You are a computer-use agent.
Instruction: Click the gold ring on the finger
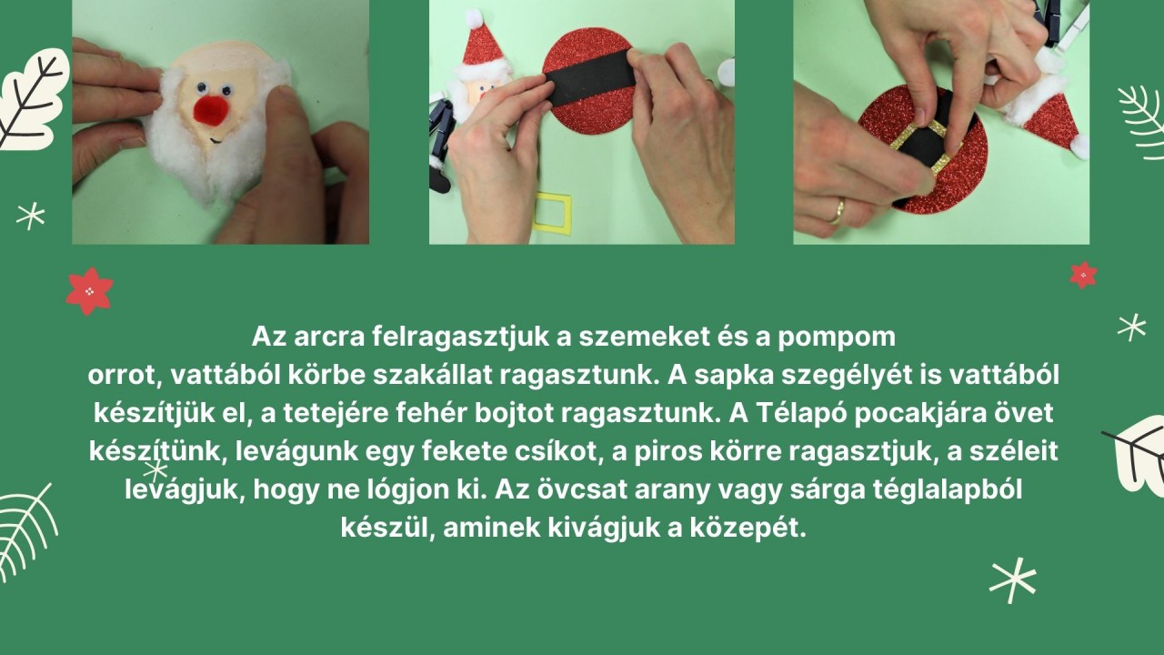click(838, 212)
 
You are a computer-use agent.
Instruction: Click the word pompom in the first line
click(837, 338)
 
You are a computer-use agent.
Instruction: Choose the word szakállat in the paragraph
click(432, 376)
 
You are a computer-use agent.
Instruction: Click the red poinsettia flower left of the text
click(89, 291)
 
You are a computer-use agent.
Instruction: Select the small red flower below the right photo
click(1083, 276)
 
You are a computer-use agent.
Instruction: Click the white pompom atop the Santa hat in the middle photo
click(474, 19)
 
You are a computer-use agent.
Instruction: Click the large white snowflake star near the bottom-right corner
click(1013, 580)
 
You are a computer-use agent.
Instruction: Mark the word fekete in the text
click(465, 451)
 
